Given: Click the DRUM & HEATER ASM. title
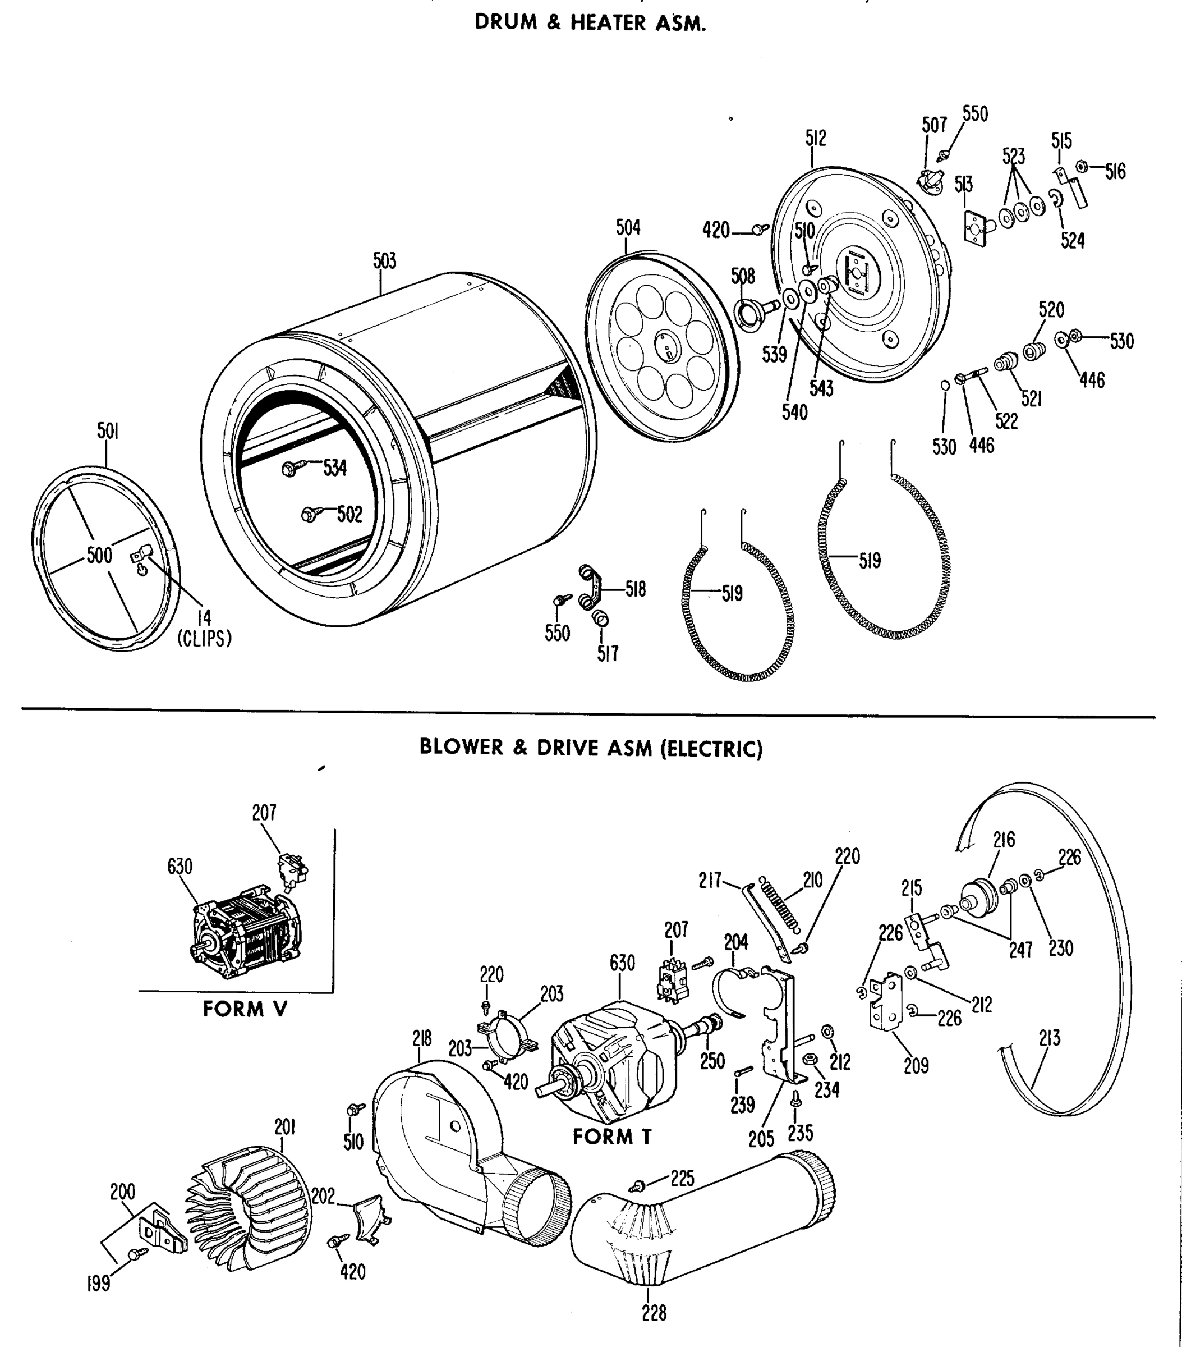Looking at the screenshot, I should [x=590, y=23].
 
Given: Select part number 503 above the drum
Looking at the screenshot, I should [x=385, y=261].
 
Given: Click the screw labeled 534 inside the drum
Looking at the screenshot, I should [x=291, y=468].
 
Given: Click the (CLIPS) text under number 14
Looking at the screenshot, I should [x=204, y=639].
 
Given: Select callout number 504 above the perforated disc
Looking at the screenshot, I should [x=627, y=228].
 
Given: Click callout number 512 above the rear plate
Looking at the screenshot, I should [x=815, y=139].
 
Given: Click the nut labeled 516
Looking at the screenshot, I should [x=1081, y=166].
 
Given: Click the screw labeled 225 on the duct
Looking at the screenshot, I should [x=637, y=1186].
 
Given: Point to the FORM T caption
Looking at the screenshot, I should [x=611, y=1137].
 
